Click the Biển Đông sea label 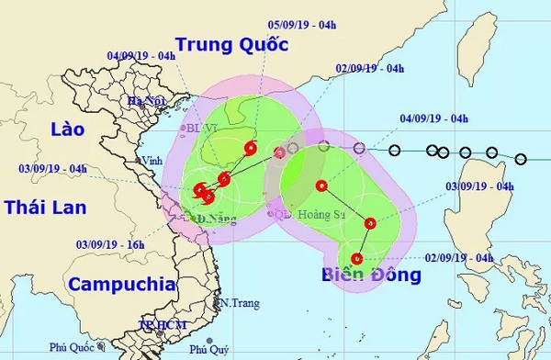[x=371, y=276]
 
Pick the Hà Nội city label [x=147, y=101]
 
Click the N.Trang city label [x=237, y=301]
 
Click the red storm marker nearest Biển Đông [x=356, y=258]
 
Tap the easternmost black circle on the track [x=521, y=160]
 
